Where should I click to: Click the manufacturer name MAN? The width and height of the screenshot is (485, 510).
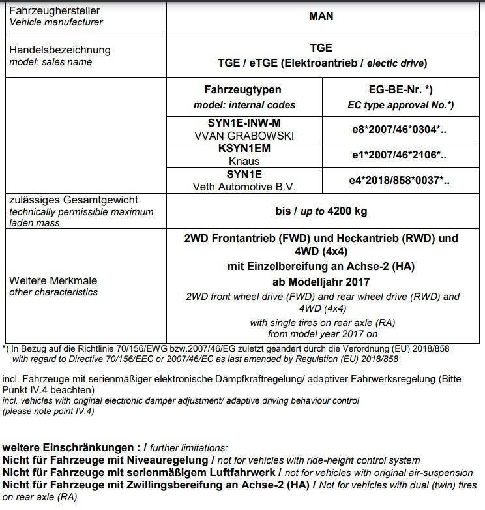320,16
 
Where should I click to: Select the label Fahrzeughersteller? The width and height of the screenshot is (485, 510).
54,11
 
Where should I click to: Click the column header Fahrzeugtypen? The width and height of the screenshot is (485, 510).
243,89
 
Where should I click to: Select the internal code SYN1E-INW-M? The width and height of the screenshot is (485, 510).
244,122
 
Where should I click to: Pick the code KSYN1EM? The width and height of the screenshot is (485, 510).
244,148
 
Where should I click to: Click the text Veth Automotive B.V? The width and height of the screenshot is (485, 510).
244,186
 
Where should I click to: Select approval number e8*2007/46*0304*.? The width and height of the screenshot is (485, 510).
396,128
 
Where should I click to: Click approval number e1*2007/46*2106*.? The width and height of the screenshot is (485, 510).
396,155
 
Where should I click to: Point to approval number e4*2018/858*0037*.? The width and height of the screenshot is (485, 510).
396,180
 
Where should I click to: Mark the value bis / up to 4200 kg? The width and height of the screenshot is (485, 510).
321,211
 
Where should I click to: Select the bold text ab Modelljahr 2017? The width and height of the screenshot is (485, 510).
321,282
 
